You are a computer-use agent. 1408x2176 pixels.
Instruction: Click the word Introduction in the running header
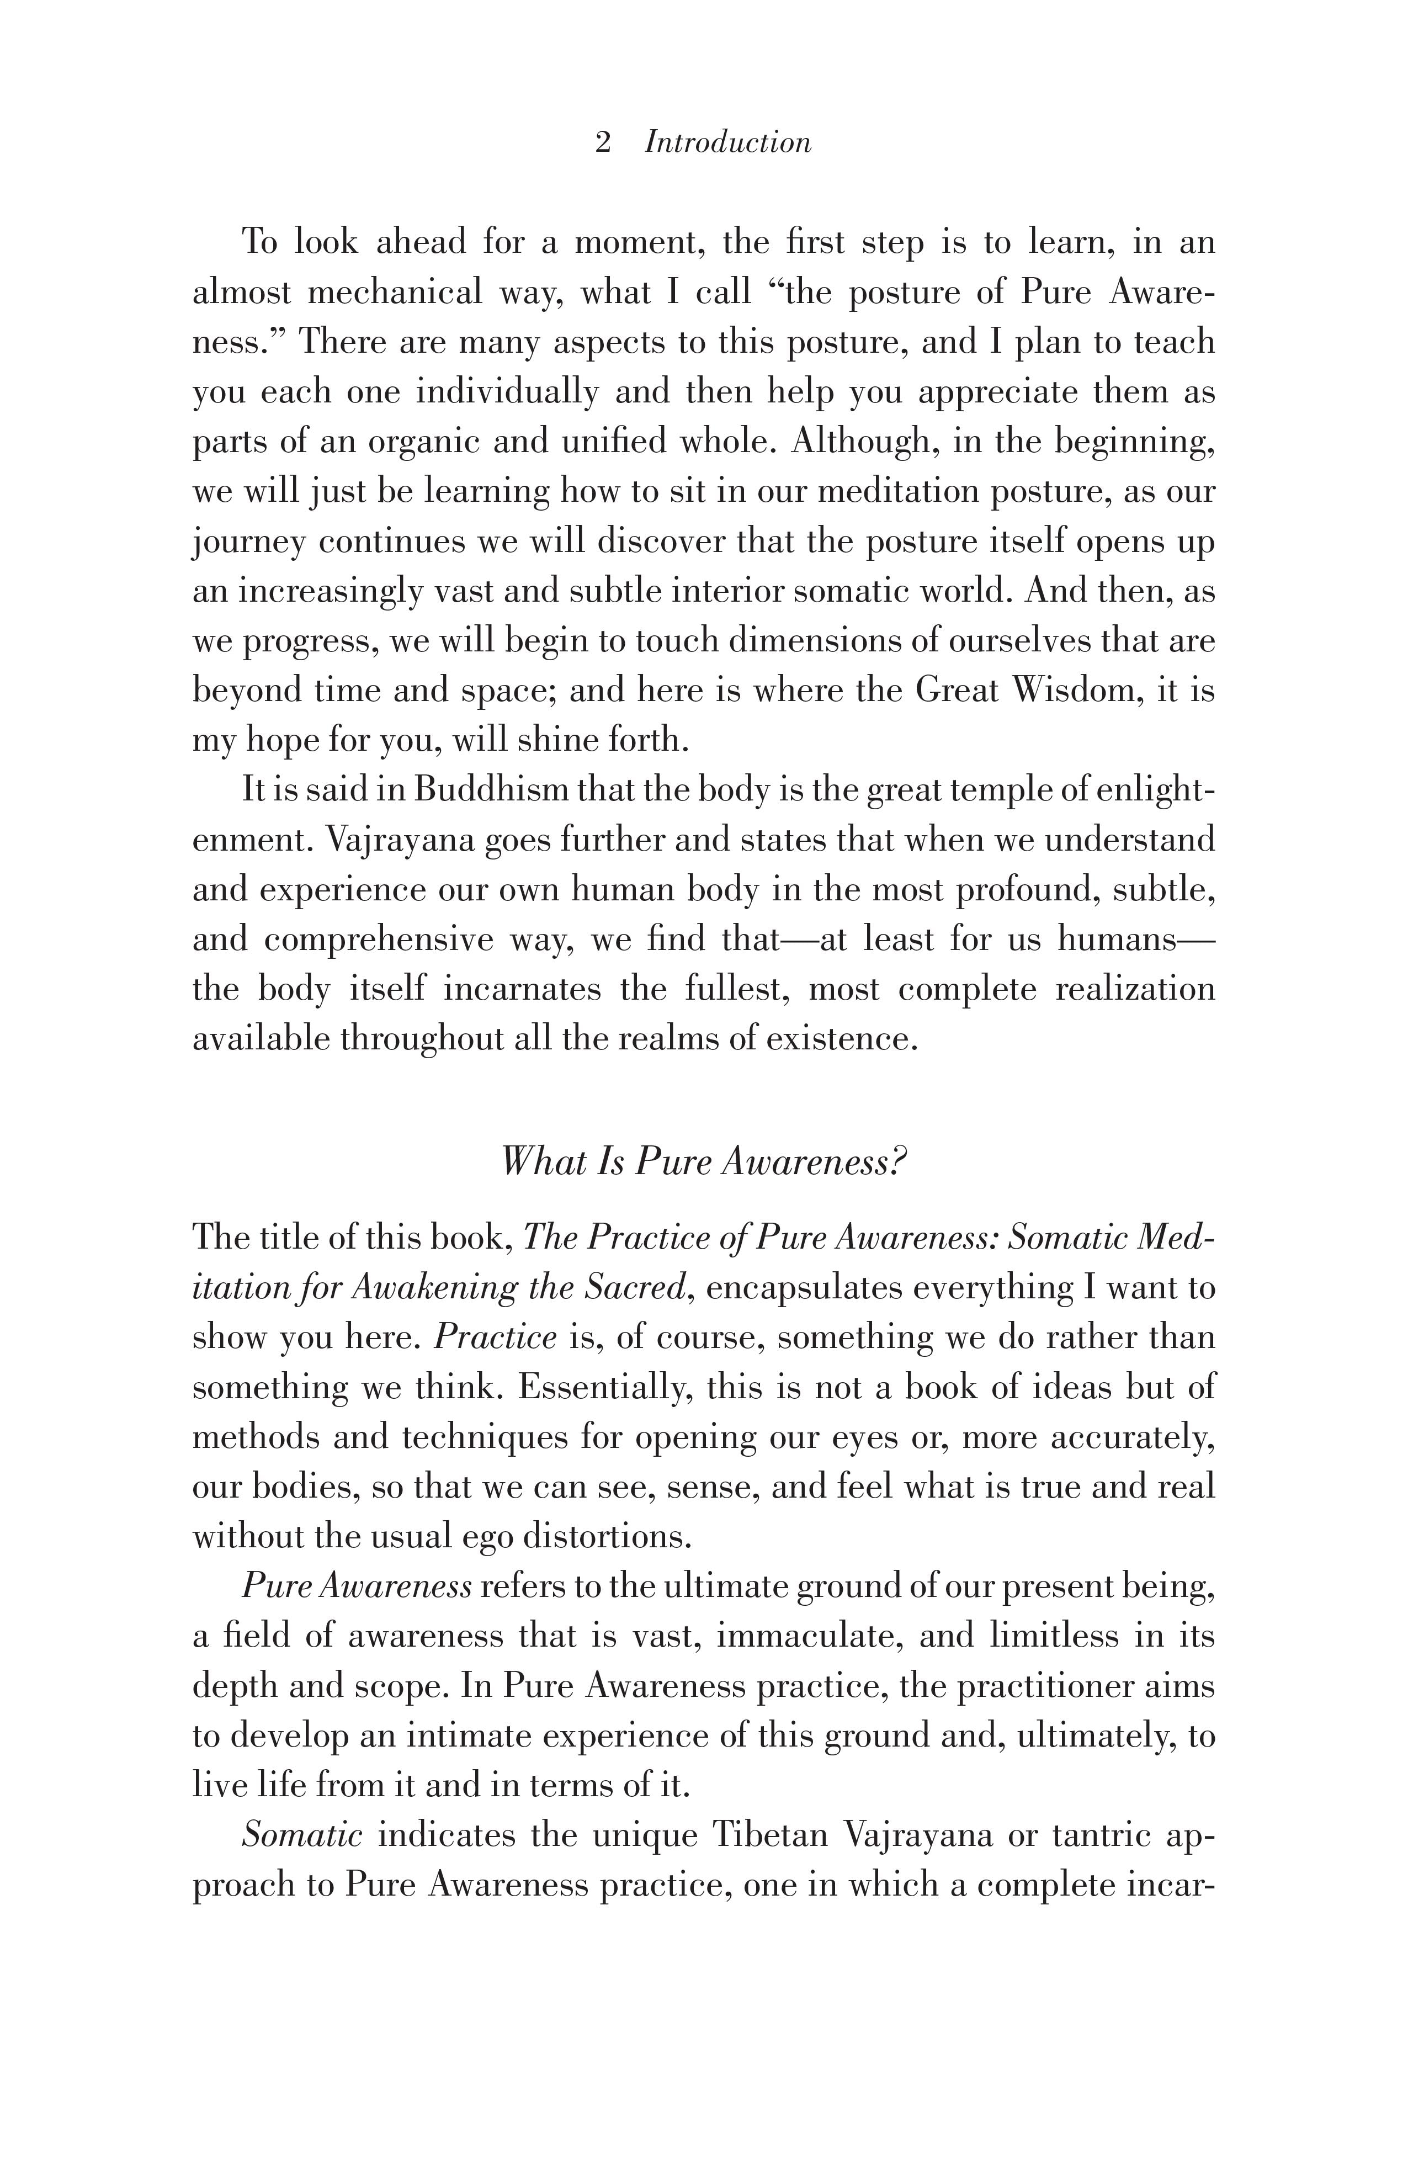(728, 142)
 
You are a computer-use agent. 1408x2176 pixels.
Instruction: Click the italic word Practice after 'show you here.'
(495, 1338)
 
